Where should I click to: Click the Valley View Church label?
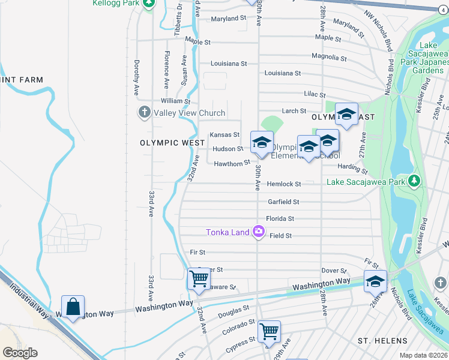189,113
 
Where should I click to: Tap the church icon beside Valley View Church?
144,112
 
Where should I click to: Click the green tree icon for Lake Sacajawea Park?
413,181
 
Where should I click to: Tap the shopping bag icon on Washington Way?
73,307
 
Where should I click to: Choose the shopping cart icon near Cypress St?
269,331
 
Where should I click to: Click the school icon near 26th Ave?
375,281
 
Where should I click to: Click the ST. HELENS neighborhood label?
383,341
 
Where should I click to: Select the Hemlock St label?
283,184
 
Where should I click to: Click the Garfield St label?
283,202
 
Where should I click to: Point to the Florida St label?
280,219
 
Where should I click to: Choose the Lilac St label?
315,95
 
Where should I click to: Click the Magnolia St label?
329,57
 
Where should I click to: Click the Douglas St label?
234,311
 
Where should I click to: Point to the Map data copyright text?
423,355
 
